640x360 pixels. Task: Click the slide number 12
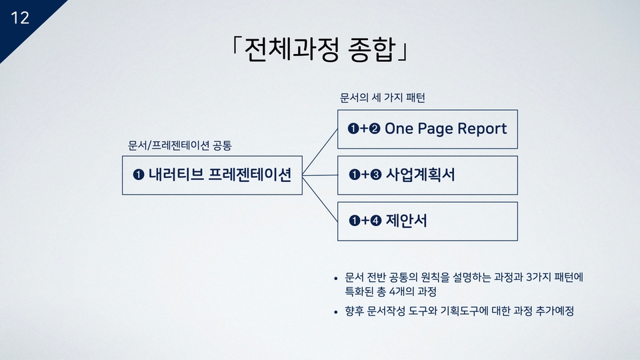click(x=19, y=18)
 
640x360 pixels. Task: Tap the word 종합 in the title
click(x=371, y=50)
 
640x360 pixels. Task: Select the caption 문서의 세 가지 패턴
click(x=383, y=97)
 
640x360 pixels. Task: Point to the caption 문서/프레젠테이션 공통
click(x=179, y=145)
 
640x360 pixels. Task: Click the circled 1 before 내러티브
click(x=139, y=175)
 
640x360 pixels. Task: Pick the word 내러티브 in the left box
click(x=176, y=174)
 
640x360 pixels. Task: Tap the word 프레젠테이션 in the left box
click(x=250, y=174)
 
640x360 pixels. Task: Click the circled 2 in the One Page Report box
click(x=375, y=129)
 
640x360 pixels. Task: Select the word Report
click(x=482, y=129)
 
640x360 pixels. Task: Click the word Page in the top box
click(x=435, y=129)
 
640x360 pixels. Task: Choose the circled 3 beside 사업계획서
click(x=376, y=175)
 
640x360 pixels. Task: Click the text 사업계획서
click(x=420, y=174)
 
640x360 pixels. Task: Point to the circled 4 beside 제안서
click(x=376, y=221)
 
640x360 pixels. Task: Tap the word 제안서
click(x=406, y=221)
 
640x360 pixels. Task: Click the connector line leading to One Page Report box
click(x=320, y=152)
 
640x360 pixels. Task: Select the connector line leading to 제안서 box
click(x=320, y=199)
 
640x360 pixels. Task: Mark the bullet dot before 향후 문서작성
click(x=336, y=312)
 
